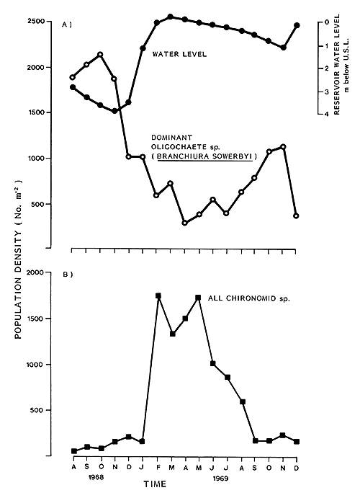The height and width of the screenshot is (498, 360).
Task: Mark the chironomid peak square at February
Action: [x=158, y=295]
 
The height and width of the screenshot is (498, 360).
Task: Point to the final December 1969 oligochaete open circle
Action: [x=297, y=215]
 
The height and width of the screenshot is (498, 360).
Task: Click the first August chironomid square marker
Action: [x=74, y=451]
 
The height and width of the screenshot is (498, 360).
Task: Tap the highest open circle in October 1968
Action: [x=100, y=54]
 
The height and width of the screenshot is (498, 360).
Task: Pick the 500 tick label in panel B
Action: [x=56, y=410]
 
